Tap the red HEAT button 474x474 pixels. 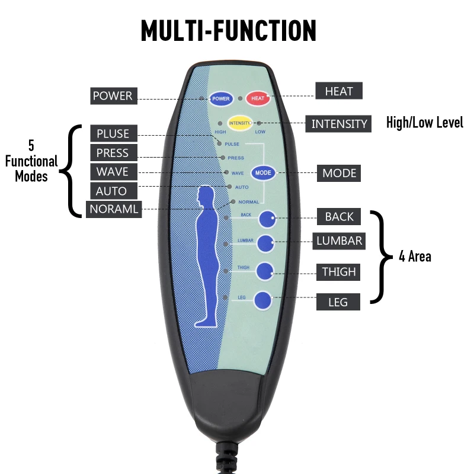coord(258,98)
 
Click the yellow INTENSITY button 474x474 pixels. coord(240,123)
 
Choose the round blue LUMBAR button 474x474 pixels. coord(265,243)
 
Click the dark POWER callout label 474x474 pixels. coord(113,95)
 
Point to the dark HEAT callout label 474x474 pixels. coord(339,91)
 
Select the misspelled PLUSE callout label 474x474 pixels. coord(113,133)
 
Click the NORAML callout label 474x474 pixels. coord(114,210)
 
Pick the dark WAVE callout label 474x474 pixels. coord(113,172)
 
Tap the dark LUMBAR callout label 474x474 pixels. coord(339,241)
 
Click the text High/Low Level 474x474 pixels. coord(424,123)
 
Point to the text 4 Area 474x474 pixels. coord(415,257)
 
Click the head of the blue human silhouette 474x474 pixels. coord(206,196)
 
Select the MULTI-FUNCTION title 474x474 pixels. coord(229,31)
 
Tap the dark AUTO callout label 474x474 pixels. coord(111,191)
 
